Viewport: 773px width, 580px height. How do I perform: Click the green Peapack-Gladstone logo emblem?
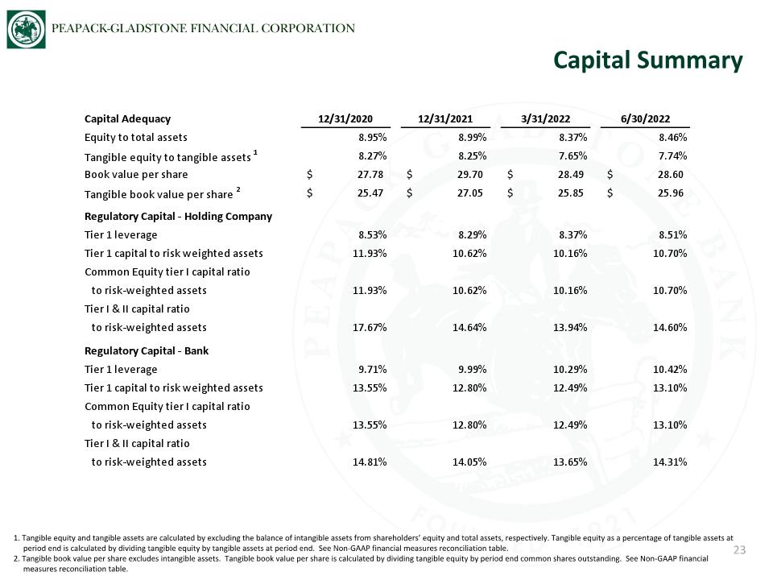[26, 30]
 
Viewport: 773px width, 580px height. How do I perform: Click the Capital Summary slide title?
[647, 60]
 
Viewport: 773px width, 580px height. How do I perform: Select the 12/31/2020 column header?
[345, 119]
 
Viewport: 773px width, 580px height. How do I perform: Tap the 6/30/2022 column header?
[645, 119]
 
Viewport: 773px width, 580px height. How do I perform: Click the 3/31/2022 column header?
[545, 119]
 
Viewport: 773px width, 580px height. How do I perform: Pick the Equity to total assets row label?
[135, 138]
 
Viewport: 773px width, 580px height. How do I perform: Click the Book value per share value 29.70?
[469, 175]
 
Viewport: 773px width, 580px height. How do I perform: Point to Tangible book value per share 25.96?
[671, 193]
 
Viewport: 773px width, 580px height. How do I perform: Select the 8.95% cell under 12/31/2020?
[372, 137]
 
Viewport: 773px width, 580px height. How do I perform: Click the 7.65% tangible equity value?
[573, 155]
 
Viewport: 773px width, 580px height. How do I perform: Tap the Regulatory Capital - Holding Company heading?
[178, 217]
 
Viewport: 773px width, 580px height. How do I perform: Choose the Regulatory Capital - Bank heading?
[147, 350]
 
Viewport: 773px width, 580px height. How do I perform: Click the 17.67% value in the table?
[370, 328]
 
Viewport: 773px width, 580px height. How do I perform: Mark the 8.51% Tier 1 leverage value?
[673, 234]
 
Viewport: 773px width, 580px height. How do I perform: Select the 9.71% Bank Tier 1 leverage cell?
[372, 370]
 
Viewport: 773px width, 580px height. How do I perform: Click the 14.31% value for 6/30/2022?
[670, 462]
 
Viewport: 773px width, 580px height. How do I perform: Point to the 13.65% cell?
[570, 462]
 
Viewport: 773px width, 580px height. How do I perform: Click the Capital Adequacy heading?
[127, 119]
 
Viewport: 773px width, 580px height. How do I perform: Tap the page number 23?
[739, 550]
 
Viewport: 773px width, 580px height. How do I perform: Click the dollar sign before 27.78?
[309, 175]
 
